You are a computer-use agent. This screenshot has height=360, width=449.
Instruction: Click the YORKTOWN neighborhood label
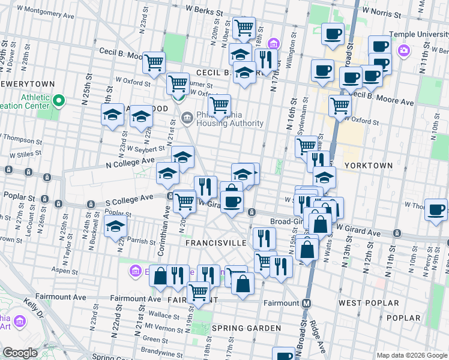[368, 165]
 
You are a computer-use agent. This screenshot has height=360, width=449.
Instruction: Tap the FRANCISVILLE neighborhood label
[215, 243]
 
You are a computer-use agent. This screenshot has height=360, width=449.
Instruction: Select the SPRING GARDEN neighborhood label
[246, 329]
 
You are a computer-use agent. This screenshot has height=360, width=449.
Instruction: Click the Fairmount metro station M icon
[306, 303]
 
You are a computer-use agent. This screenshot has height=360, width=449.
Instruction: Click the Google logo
[20, 353]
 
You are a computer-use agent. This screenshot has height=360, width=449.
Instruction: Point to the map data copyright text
[411, 355]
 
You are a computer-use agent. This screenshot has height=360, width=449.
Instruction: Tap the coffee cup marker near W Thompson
[436, 209]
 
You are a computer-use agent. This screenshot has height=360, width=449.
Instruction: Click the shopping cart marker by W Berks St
[244, 26]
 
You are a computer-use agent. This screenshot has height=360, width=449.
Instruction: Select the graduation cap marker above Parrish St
[115, 226]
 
